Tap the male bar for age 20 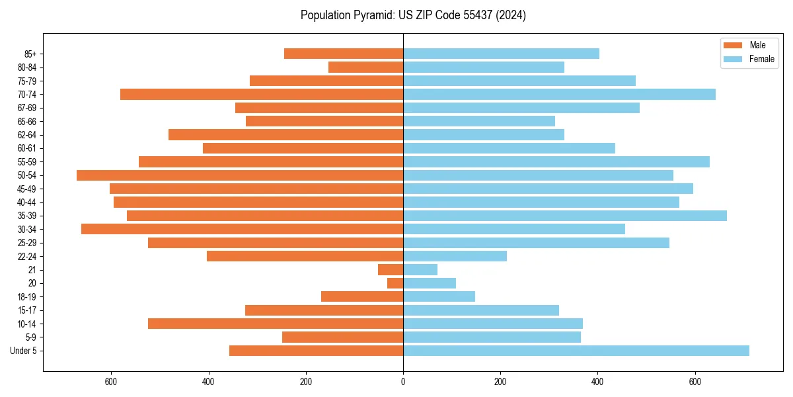click(x=395, y=283)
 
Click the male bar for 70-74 click(x=262, y=94)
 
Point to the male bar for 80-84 click(x=365, y=67)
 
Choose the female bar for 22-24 click(x=455, y=256)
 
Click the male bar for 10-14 click(x=276, y=324)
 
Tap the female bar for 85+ click(x=501, y=54)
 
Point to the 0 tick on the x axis click(x=403, y=382)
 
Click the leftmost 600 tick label click(x=111, y=382)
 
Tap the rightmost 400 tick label click(x=597, y=382)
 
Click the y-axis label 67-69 click(x=27, y=108)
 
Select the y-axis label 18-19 click(x=27, y=296)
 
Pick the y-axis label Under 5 click(x=24, y=351)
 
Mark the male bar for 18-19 click(x=362, y=296)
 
